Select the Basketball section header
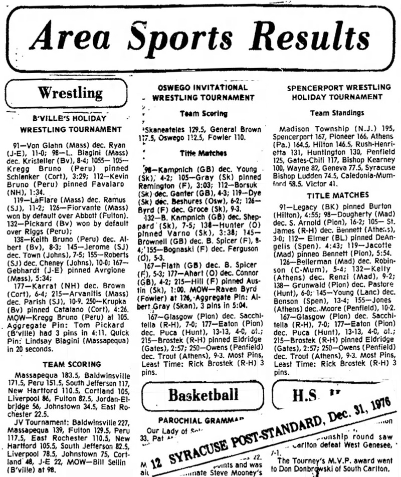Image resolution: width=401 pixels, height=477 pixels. click(204, 394)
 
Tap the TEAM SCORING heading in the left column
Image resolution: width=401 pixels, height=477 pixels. click(70, 365)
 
